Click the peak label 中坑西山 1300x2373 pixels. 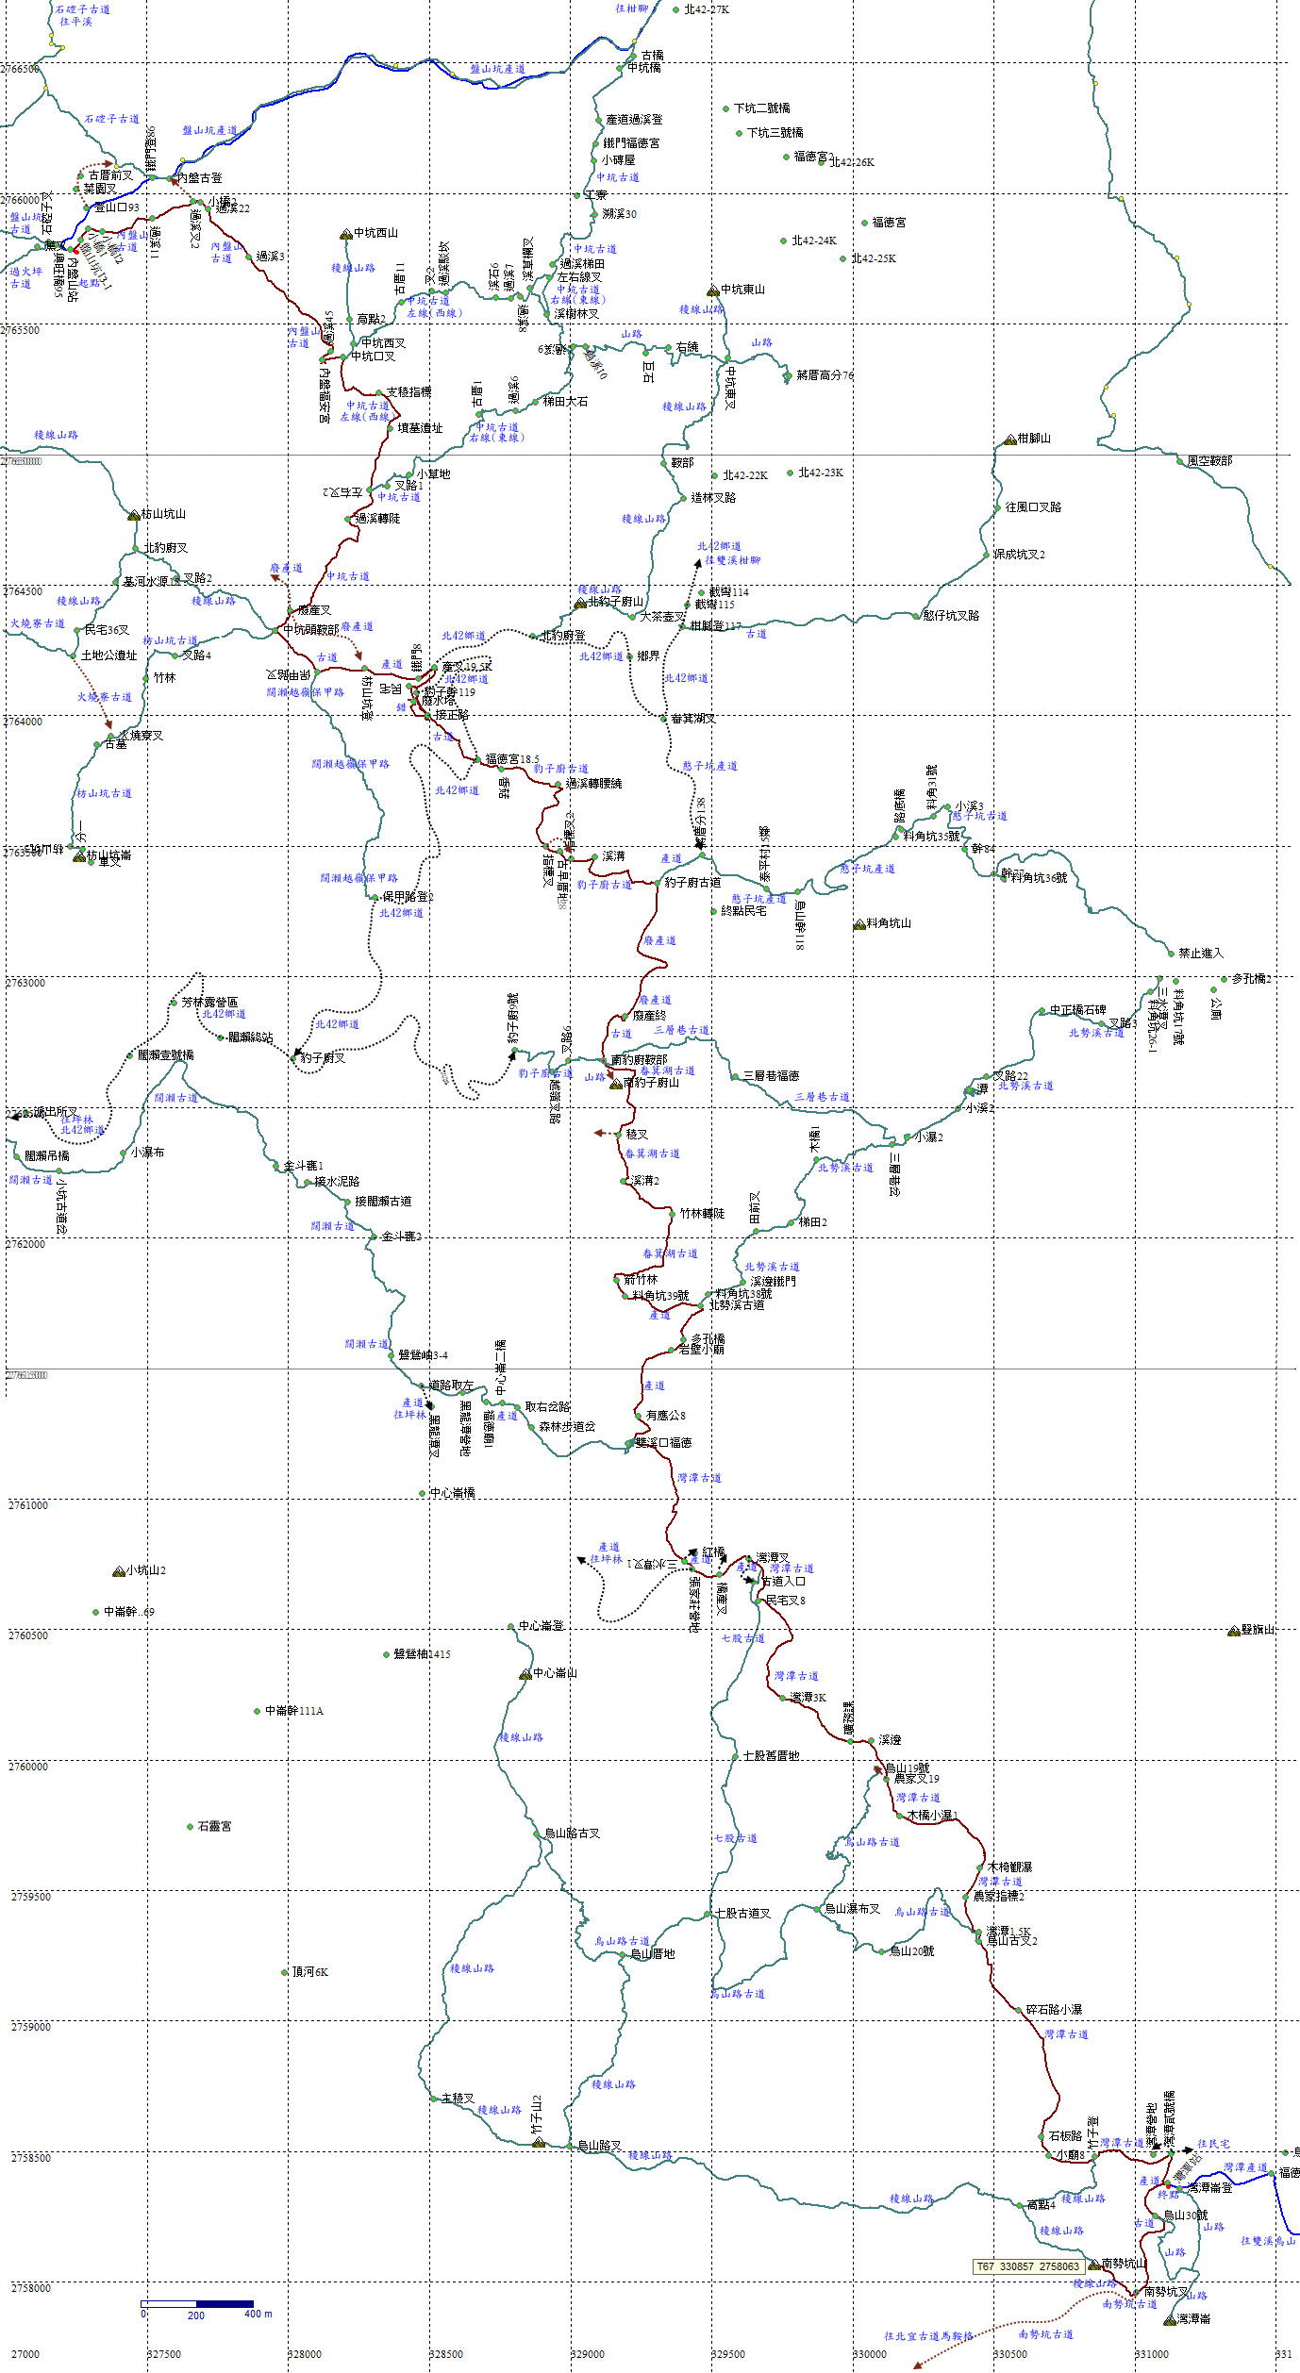375,233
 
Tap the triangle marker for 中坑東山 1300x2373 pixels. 713,290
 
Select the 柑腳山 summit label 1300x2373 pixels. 1034,439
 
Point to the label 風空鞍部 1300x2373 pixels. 1209,461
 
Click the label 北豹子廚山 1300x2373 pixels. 615,602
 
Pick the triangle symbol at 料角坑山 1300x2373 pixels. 858,925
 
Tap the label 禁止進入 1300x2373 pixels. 1200,954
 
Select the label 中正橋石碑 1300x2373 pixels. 1077,1010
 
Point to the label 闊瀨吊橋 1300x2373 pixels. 47,1155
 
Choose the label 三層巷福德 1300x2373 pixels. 771,1075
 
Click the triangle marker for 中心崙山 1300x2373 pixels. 525,1674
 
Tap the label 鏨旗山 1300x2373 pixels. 1258,1630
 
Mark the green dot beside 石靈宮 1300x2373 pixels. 190,1827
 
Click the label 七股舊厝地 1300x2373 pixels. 771,1756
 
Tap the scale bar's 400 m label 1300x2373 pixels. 258,2314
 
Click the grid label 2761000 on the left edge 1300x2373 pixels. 28,1505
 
